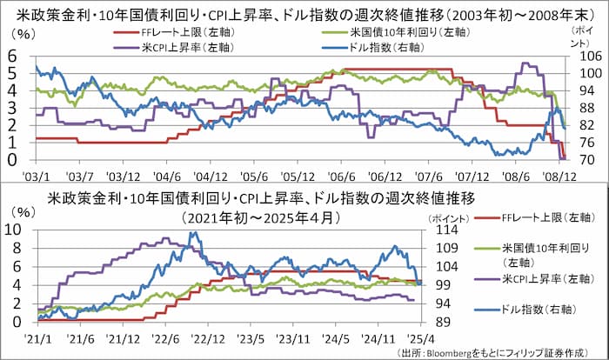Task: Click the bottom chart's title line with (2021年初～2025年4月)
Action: (261, 217)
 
